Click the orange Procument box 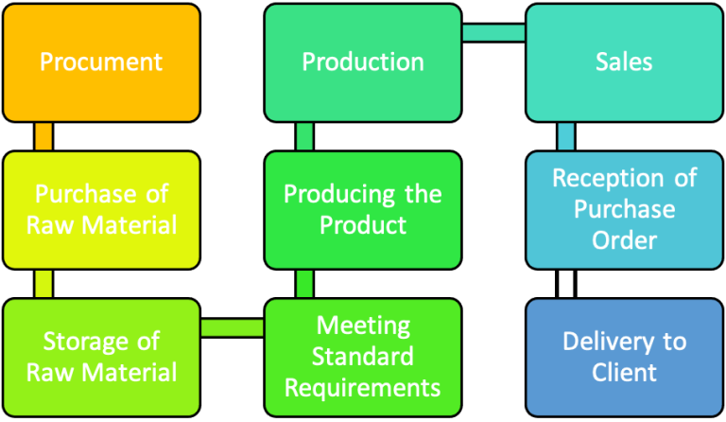pos(101,62)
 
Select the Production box pos(363,62)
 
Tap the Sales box pos(624,62)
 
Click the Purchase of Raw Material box pos(101,210)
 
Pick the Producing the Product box pos(363,210)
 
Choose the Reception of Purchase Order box pos(624,210)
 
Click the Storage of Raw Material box pos(101,357)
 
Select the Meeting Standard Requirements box pos(363,357)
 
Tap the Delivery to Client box pos(624,357)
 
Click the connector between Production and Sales pos(493,33)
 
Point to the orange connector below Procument pos(43,136)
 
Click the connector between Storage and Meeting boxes pos(233,327)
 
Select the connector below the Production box pos(304,136)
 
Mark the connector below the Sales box pos(565,136)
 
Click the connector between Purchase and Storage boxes pos(43,284)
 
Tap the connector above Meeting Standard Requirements pos(304,284)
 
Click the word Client pos(624,372)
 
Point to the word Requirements pos(363,387)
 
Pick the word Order pos(624,240)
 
